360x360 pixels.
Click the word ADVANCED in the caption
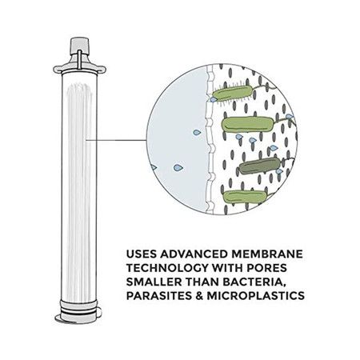(194, 254)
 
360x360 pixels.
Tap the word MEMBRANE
(267, 254)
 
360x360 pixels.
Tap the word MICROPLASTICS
(256, 295)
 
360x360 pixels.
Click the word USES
(142, 254)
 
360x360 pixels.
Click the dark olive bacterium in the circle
(259, 166)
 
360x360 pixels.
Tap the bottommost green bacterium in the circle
(244, 198)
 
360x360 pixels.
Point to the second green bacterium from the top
(248, 125)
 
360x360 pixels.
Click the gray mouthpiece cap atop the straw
(79, 46)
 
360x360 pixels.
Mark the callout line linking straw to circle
(116, 140)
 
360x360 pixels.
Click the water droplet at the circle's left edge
(154, 167)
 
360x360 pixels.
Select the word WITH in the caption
(227, 268)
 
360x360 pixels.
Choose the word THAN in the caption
(203, 282)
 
